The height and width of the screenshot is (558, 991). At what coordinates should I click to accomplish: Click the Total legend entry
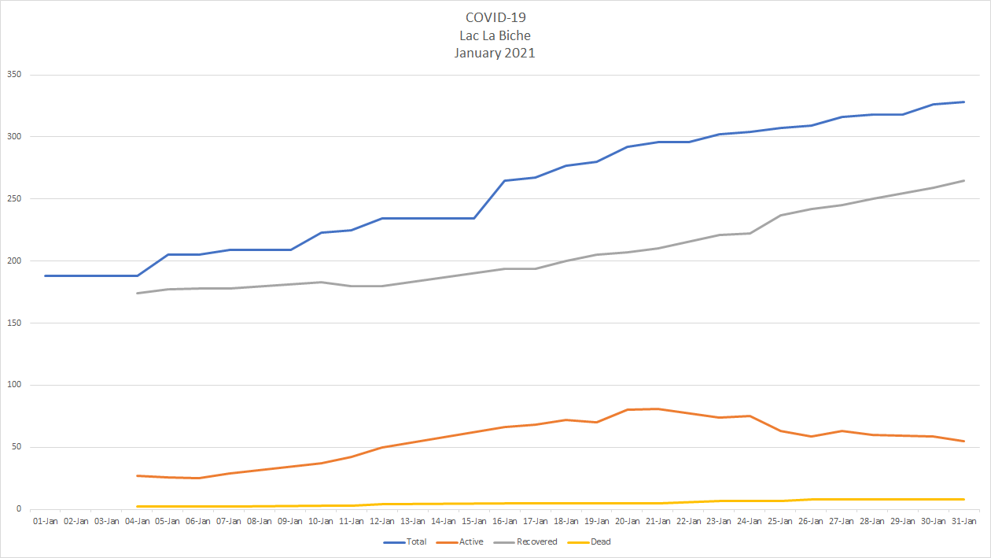(x=405, y=541)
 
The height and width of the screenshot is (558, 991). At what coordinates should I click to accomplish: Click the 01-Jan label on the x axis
(x=46, y=521)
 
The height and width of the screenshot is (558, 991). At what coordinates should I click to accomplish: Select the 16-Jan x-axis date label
(x=505, y=521)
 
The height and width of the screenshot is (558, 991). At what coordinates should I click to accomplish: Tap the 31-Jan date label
(x=964, y=521)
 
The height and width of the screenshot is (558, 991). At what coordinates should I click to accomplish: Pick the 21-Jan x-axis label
(x=658, y=521)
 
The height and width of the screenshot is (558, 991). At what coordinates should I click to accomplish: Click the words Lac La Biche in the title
(x=495, y=35)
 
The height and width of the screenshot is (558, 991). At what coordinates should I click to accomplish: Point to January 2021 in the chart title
(x=495, y=53)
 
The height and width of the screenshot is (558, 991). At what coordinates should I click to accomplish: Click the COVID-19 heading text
(x=495, y=18)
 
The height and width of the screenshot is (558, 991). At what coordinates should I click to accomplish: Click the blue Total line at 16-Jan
(x=505, y=181)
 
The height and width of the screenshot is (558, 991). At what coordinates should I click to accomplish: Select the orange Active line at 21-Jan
(x=658, y=408)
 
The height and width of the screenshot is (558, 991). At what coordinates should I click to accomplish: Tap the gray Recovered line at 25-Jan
(x=781, y=215)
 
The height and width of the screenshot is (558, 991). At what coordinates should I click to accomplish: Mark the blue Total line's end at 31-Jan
(x=964, y=102)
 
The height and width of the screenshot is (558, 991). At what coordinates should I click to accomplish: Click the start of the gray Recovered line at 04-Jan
(x=138, y=294)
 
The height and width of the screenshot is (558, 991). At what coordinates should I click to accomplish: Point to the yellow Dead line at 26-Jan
(x=812, y=499)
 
